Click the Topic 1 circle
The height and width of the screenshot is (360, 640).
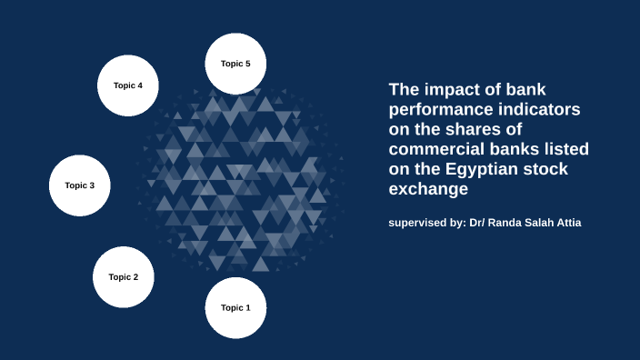point(235,308)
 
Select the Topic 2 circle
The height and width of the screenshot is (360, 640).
point(123,277)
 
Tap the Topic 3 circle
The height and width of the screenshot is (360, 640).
point(79,185)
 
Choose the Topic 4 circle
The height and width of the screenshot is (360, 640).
point(128,85)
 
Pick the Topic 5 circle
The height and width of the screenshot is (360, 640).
point(235,64)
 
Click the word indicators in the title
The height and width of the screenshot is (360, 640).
point(542,110)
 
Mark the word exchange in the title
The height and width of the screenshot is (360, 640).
point(427,189)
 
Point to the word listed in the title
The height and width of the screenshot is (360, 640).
point(565,149)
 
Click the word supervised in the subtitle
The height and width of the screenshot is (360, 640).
point(417,223)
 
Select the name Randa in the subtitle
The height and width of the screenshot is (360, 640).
point(505,223)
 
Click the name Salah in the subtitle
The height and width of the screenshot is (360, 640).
point(538,223)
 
